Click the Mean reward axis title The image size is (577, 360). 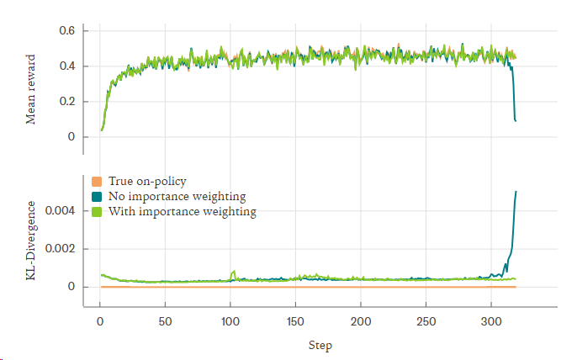[31, 89]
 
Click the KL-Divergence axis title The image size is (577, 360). [31, 241]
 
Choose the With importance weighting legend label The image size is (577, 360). [183, 211]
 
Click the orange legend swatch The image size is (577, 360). [96, 181]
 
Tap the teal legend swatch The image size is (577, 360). [96, 196]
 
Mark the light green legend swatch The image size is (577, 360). [96, 211]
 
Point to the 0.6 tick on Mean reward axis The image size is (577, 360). [66, 31]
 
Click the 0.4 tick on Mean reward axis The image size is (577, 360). [66, 66]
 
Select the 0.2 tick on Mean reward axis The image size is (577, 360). [66, 102]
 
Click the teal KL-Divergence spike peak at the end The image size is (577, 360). [516, 192]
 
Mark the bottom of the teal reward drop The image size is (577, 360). [516, 121]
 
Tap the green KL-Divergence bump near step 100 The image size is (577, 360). [233, 272]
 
